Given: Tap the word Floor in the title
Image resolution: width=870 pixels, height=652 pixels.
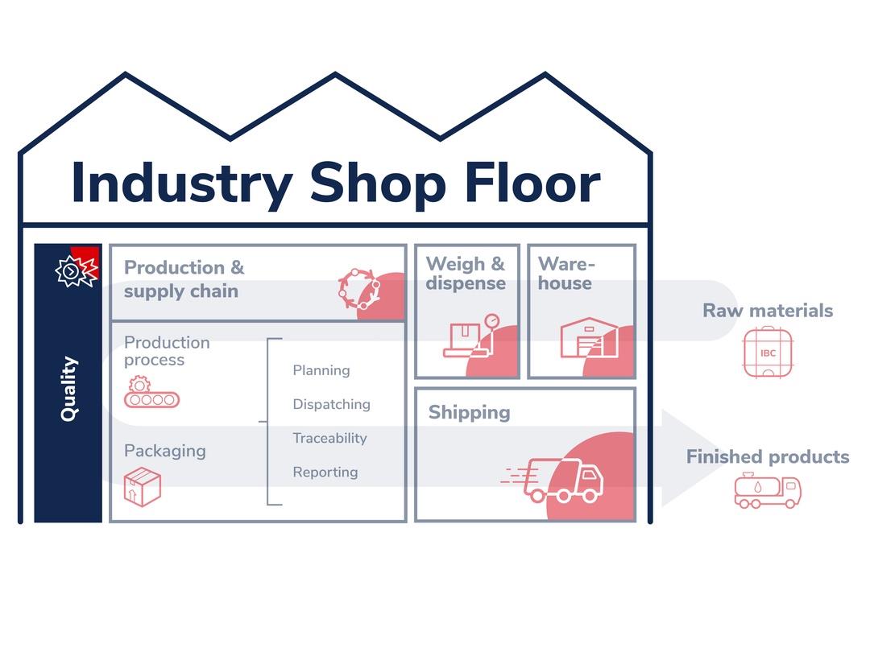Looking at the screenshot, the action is [x=532, y=183].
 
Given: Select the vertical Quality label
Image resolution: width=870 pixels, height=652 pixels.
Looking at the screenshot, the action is [x=69, y=389].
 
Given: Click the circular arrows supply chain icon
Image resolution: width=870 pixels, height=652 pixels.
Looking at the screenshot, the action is [x=359, y=289].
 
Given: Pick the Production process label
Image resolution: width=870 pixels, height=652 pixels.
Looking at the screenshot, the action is [x=167, y=351].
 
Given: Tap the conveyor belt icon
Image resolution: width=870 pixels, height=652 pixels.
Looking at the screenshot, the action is [x=151, y=393].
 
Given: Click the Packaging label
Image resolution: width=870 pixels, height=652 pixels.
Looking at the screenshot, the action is [x=165, y=452].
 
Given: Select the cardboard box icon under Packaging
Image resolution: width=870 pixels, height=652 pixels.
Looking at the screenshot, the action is [x=143, y=487].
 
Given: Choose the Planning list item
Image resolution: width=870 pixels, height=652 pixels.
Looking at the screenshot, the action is [x=321, y=371].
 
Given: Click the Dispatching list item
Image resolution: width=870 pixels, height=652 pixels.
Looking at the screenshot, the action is [x=331, y=405].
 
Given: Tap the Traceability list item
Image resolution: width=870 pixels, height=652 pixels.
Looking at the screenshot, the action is [x=329, y=439].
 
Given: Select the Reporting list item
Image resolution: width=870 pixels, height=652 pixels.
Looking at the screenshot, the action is [x=325, y=472].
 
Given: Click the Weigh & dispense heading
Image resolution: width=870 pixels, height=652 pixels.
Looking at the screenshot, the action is [x=466, y=274].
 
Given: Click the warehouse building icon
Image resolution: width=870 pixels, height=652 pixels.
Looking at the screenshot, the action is [x=589, y=337].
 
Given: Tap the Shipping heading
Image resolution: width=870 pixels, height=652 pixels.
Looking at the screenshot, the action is [x=470, y=412].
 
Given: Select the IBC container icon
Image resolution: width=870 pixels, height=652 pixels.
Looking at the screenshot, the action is [x=768, y=353].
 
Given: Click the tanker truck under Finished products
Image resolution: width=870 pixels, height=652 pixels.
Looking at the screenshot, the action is [x=768, y=491].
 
